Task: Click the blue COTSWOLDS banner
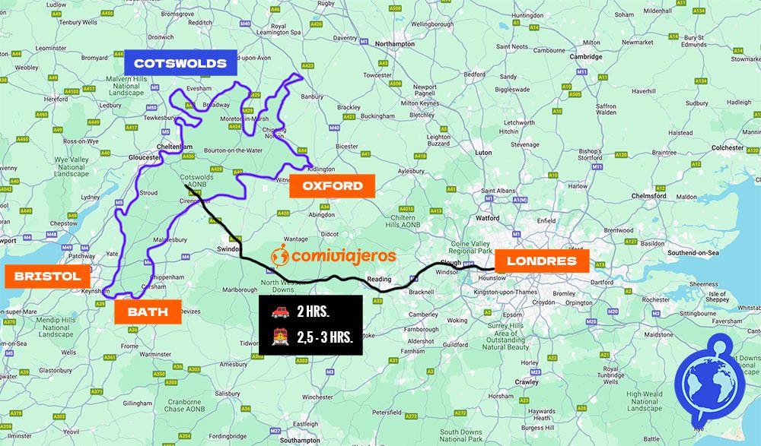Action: click(x=180, y=63)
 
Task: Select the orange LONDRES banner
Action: click(x=541, y=261)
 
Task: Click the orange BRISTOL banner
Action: click(x=47, y=277)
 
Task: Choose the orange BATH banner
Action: click(x=148, y=312)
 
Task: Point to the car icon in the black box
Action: click(x=279, y=312)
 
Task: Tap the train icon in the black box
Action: click(x=279, y=336)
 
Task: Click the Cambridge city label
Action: click(x=586, y=56)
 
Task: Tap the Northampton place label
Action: click(x=395, y=44)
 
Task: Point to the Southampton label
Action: click(x=300, y=440)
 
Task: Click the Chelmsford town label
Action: click(x=648, y=196)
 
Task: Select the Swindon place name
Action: click(x=228, y=248)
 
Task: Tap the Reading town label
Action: click(x=379, y=279)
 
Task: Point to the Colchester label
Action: click(x=728, y=147)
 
